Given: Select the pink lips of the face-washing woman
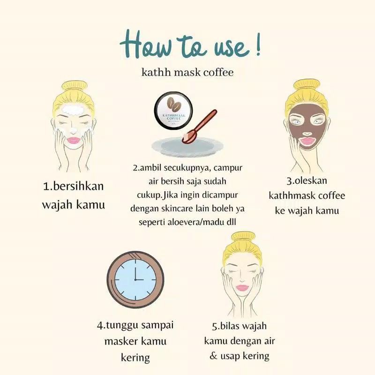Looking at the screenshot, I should click(74, 140).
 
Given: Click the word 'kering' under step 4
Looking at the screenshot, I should click(135, 358).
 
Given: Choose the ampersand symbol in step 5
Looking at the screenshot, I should click(214, 356).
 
